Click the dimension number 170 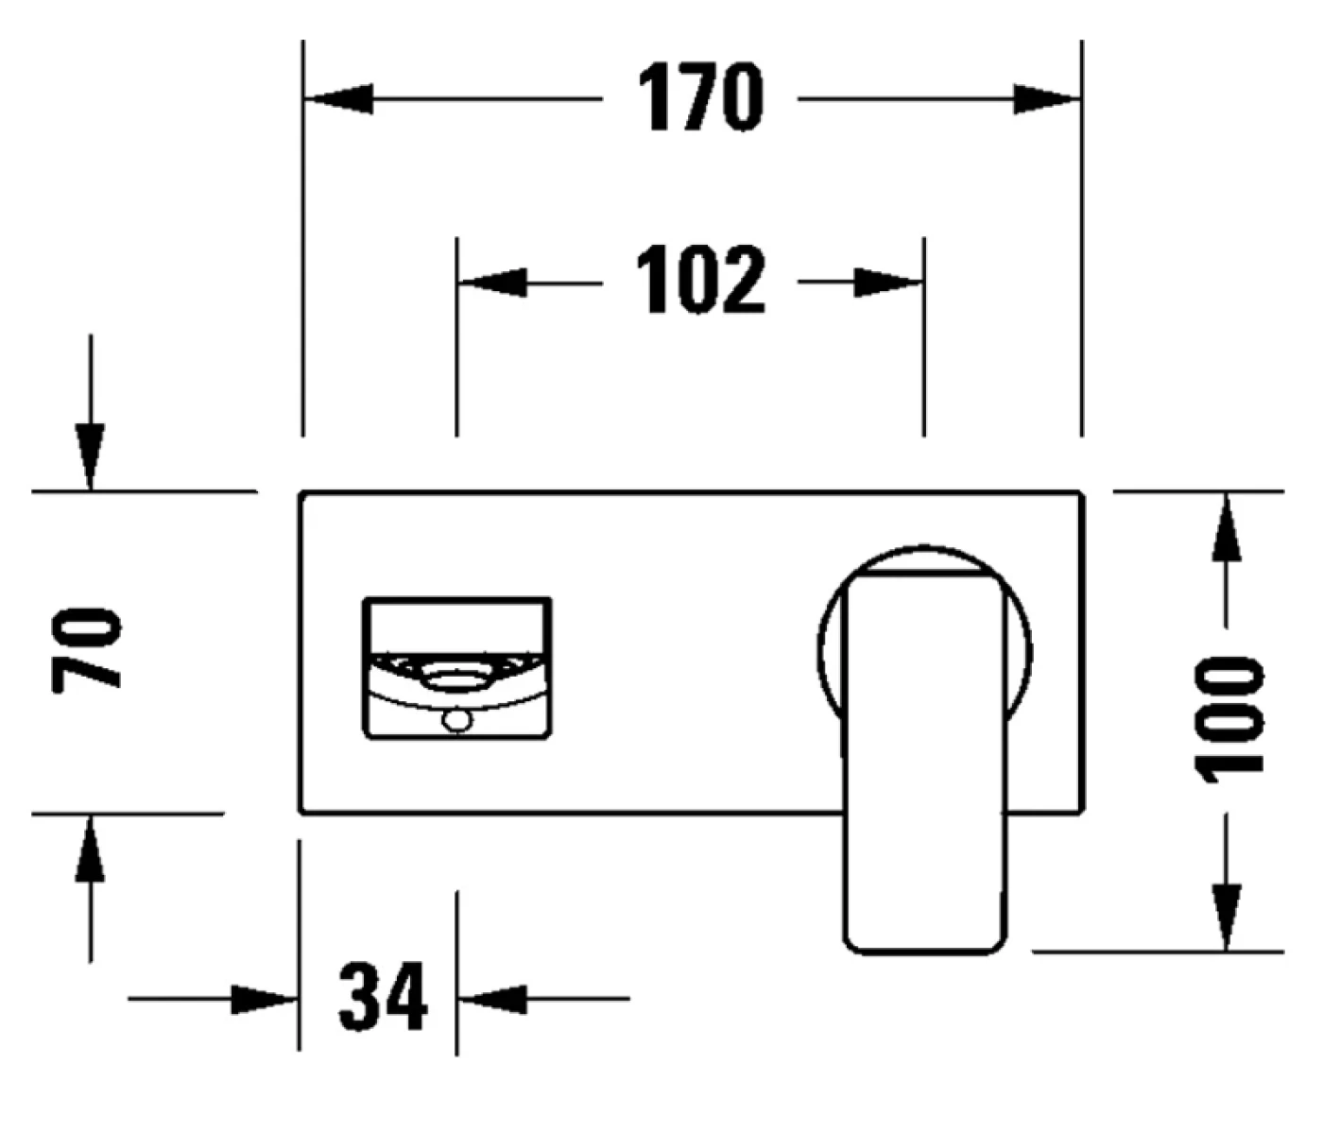click(699, 97)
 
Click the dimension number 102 click(699, 281)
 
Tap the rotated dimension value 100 click(1229, 720)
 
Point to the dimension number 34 click(383, 997)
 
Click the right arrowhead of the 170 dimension click(1045, 98)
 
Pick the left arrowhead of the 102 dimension click(492, 282)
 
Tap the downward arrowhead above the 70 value click(90, 457)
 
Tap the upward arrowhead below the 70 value click(90, 848)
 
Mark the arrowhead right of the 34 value click(491, 998)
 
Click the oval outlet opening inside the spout click(456, 677)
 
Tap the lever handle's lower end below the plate click(923, 888)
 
